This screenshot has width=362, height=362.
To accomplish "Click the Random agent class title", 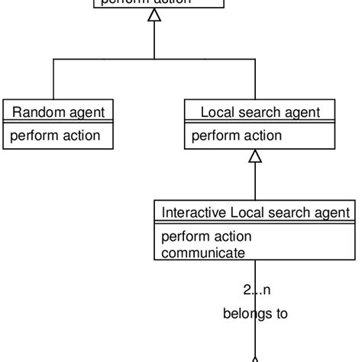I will point(58,112).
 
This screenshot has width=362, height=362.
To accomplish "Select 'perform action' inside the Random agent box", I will point(54,136).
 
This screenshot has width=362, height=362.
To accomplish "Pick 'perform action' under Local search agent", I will point(236,136).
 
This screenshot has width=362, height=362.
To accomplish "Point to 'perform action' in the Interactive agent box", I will point(206,236).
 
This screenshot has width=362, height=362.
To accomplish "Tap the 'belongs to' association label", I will point(255,313).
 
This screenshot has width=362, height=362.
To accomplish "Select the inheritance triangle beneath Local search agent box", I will point(255,156).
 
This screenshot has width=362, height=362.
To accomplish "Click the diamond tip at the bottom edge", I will point(255,357).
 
